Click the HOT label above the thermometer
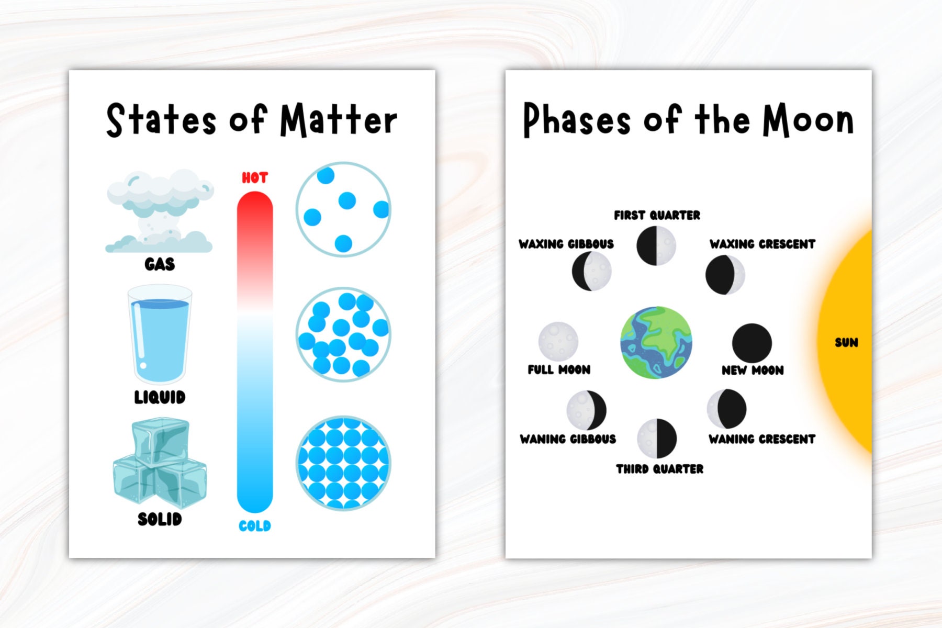[x=255, y=178]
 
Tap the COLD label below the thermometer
[x=255, y=526]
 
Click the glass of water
[x=160, y=335]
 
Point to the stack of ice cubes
[x=160, y=463]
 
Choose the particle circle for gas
[x=343, y=209]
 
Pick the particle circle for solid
[x=343, y=463]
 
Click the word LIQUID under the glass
[x=160, y=397]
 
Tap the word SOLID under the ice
[x=160, y=519]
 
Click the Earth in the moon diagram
[x=656, y=343]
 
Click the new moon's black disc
[x=752, y=343]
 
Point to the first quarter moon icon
[x=656, y=245]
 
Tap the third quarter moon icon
[x=657, y=438]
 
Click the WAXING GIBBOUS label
[x=566, y=244]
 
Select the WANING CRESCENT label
[x=762, y=439]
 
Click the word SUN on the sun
[x=846, y=343]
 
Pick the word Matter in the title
[x=339, y=120]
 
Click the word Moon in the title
[x=808, y=120]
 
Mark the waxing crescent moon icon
[x=725, y=275]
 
